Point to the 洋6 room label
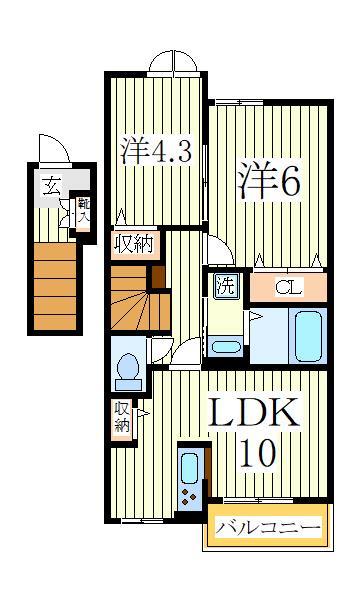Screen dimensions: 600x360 coord(269,180)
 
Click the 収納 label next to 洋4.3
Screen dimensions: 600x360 coord(133,244)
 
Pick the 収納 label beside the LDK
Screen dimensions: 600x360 coord(122,416)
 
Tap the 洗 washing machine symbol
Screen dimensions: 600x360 coord(226,284)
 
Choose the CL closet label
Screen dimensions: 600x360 coord(288,287)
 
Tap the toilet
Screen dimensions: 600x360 coord(127,371)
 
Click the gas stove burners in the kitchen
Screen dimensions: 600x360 coord(188,496)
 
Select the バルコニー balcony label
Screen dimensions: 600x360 coord(269,526)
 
